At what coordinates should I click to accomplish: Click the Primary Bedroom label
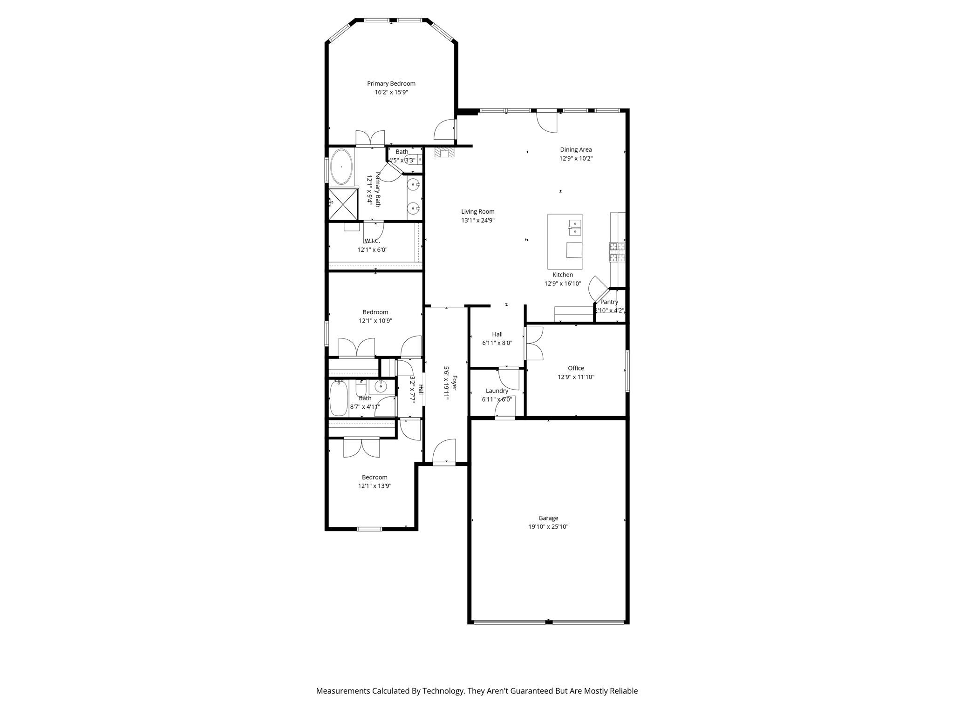[391, 84]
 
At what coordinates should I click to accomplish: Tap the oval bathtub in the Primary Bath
[341, 166]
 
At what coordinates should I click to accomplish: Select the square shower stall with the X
[343, 203]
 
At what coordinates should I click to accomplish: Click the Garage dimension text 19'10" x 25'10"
[548, 526]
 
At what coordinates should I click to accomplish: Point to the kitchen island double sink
[575, 227]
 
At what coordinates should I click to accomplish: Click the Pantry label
[609, 302]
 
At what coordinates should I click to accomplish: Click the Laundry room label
[497, 391]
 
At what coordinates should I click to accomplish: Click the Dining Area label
[576, 149]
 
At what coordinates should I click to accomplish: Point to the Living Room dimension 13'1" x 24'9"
[477, 220]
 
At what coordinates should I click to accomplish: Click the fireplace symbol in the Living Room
[444, 153]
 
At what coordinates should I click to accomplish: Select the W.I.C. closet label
[372, 241]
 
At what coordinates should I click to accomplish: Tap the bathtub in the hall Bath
[339, 398]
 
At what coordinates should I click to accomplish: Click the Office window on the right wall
[627, 371]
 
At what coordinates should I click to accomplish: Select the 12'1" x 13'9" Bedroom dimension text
[375, 486]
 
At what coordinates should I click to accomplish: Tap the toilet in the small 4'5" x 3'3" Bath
[413, 160]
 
